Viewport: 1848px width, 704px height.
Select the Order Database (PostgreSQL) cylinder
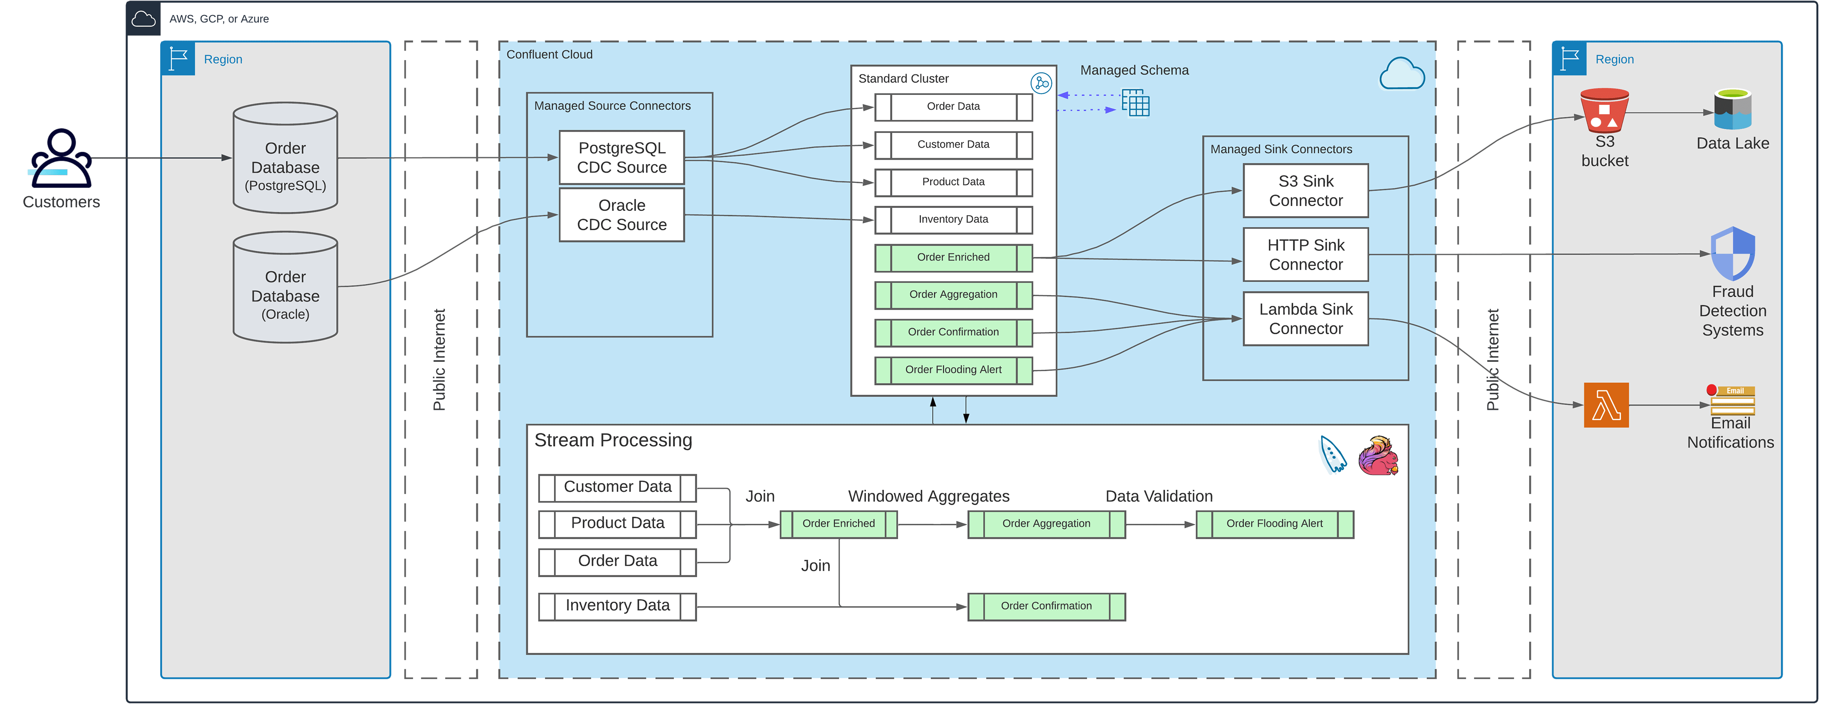click(285, 158)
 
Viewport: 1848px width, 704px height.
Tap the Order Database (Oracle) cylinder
click(285, 287)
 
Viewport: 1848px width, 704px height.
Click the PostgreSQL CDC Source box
click(621, 158)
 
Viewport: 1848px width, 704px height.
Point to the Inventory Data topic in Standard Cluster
click(953, 219)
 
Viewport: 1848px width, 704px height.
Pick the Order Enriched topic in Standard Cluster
click(953, 257)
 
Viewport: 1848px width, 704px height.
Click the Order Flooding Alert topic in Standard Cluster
click(953, 370)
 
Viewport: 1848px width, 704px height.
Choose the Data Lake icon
click(1732, 110)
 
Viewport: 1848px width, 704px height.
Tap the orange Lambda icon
click(1606, 405)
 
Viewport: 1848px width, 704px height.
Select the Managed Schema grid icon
click(1135, 103)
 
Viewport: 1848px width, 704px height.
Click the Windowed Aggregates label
click(928, 496)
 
